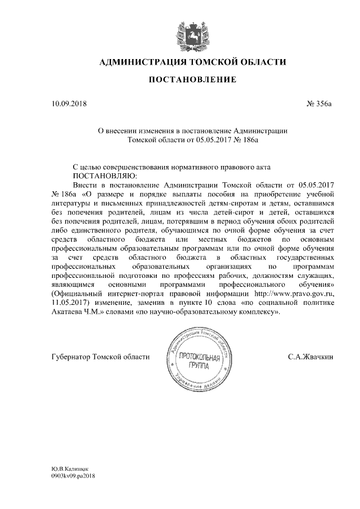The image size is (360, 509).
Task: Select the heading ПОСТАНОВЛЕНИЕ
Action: pos(192,81)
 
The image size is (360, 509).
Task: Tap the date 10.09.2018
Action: pos(69,103)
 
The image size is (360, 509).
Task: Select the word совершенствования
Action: pos(151,166)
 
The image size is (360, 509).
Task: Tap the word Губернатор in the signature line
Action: pos(70,356)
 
